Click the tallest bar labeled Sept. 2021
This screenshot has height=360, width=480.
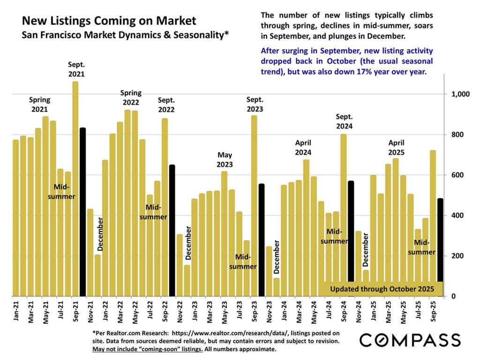(x=75, y=187)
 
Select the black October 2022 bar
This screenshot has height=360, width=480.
(x=172, y=230)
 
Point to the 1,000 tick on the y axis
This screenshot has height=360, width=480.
(x=460, y=94)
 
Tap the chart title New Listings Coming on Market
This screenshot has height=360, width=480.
(x=109, y=21)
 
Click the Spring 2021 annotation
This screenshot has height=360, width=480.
(x=39, y=104)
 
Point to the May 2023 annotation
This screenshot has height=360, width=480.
(x=224, y=159)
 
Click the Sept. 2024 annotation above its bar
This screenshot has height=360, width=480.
(x=344, y=121)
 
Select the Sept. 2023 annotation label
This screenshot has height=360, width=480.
(x=255, y=104)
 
